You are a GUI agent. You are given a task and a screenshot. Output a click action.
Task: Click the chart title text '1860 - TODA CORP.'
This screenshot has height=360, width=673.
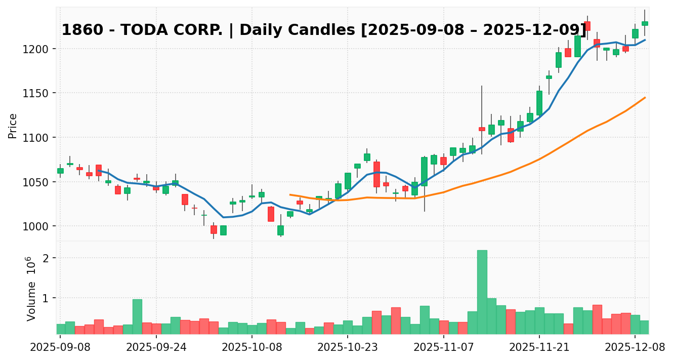pyautogui.click(x=142, y=30)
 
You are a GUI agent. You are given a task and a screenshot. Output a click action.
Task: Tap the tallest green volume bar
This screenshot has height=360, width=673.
pyautogui.click(x=482, y=292)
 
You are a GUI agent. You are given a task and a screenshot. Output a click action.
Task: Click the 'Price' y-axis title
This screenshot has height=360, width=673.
pyautogui.click(x=13, y=126)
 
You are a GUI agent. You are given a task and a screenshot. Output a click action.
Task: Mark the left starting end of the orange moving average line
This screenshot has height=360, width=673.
pyautogui.click(x=290, y=194)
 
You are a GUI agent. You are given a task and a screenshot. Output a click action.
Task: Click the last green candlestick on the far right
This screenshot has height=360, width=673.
pyautogui.click(x=645, y=23)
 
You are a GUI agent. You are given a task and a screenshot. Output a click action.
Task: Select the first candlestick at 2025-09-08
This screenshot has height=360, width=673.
pyautogui.click(x=60, y=171)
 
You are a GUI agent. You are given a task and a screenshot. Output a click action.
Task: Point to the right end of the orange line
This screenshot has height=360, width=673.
pyautogui.click(x=645, y=97)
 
